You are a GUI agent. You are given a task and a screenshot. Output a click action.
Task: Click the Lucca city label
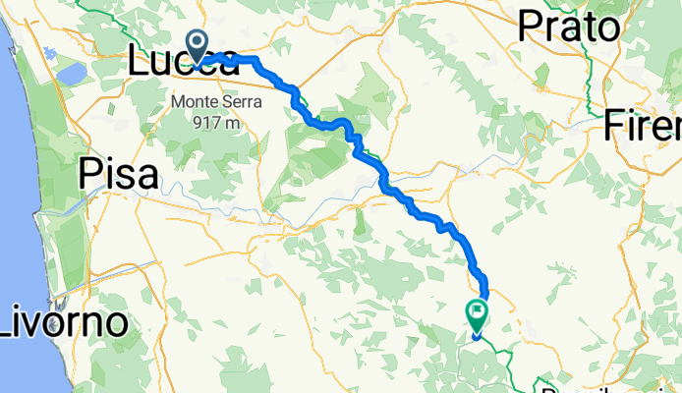182,62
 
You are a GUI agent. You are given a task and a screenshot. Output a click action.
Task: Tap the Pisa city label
117,175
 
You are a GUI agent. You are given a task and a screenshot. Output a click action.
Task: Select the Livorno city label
63,321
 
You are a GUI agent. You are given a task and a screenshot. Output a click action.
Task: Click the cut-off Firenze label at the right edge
643,125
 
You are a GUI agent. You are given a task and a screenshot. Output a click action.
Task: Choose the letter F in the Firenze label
616,125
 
